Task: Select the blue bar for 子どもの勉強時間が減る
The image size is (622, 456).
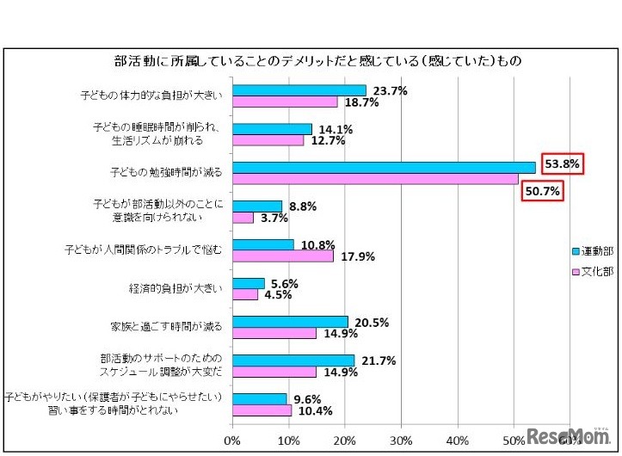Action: coord(384,167)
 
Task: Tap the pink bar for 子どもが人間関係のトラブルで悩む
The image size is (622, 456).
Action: coord(282,256)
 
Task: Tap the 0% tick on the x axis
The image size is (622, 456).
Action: coord(232,441)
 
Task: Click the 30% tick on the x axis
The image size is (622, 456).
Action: coord(401,441)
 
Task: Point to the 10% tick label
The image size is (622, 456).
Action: coord(288,441)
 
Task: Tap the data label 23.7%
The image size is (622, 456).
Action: coord(387,90)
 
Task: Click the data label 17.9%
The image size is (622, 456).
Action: coord(354,256)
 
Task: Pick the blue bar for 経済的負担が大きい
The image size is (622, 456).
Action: coord(248,283)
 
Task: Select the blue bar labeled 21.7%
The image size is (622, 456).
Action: coord(293,360)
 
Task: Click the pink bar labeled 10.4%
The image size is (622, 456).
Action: coord(262,410)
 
